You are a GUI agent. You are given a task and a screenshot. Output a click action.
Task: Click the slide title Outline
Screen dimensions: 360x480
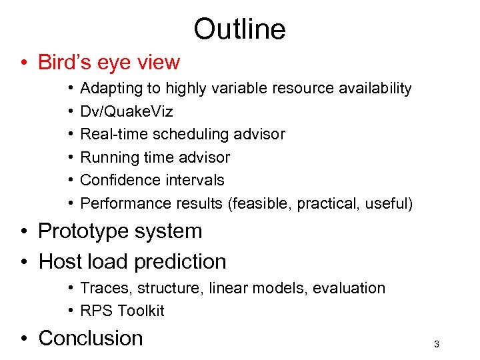[x=239, y=29]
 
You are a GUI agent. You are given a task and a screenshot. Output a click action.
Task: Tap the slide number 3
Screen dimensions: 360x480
[x=436, y=344]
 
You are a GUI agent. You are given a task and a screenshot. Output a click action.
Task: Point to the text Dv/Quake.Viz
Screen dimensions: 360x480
[x=127, y=111]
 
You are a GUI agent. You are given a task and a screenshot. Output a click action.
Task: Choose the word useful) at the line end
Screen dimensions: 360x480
[x=389, y=203]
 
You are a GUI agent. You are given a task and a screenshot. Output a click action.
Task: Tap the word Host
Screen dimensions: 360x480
[x=61, y=261]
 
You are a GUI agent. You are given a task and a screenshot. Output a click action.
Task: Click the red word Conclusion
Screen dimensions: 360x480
[x=91, y=338]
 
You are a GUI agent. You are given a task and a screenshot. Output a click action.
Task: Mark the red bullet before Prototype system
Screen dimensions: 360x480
[x=24, y=232]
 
